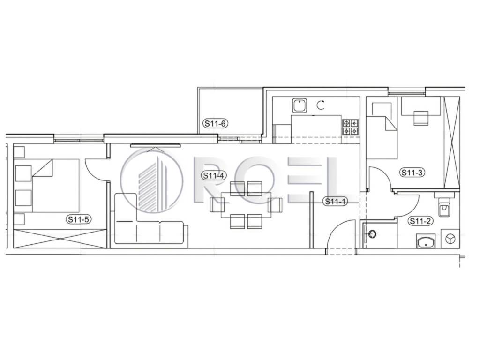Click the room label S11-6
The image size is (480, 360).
tap(216, 123)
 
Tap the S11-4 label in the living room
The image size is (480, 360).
tap(214, 175)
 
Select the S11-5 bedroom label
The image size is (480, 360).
tap(79, 219)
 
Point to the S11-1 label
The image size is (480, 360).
tap(335, 202)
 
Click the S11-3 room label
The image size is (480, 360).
tap(412, 172)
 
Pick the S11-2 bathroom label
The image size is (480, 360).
tap(420, 221)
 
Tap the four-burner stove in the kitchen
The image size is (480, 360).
tap(350, 127)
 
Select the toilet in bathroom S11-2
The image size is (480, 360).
tap(443, 207)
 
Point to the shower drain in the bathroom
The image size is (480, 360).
tap(373, 234)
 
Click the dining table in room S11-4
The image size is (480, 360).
tap(246, 205)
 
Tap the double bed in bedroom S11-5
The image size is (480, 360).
tap(55, 186)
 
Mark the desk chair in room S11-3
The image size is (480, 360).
tap(421, 118)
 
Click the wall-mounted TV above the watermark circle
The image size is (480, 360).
tap(155, 145)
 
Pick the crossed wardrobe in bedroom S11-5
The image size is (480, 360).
tap(60, 239)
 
